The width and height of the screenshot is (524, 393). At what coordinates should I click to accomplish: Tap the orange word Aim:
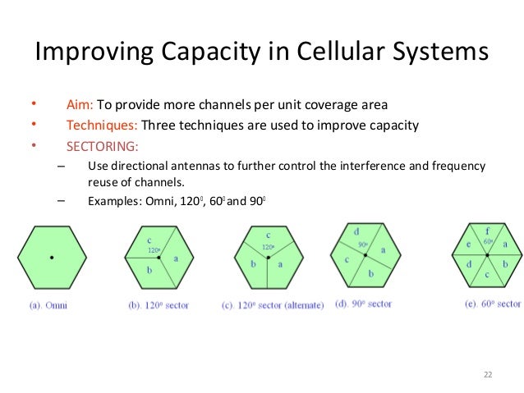pos(80,104)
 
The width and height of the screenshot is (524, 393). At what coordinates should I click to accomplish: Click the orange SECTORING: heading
pos(103,147)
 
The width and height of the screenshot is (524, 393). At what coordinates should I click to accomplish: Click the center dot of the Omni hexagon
pos(52,258)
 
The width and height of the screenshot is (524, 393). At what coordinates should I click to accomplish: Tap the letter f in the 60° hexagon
pos(488,231)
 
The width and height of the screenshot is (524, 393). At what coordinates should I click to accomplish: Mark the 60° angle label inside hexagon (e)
pos(490,243)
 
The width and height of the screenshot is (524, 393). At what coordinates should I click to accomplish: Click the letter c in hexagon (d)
pos(347,260)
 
